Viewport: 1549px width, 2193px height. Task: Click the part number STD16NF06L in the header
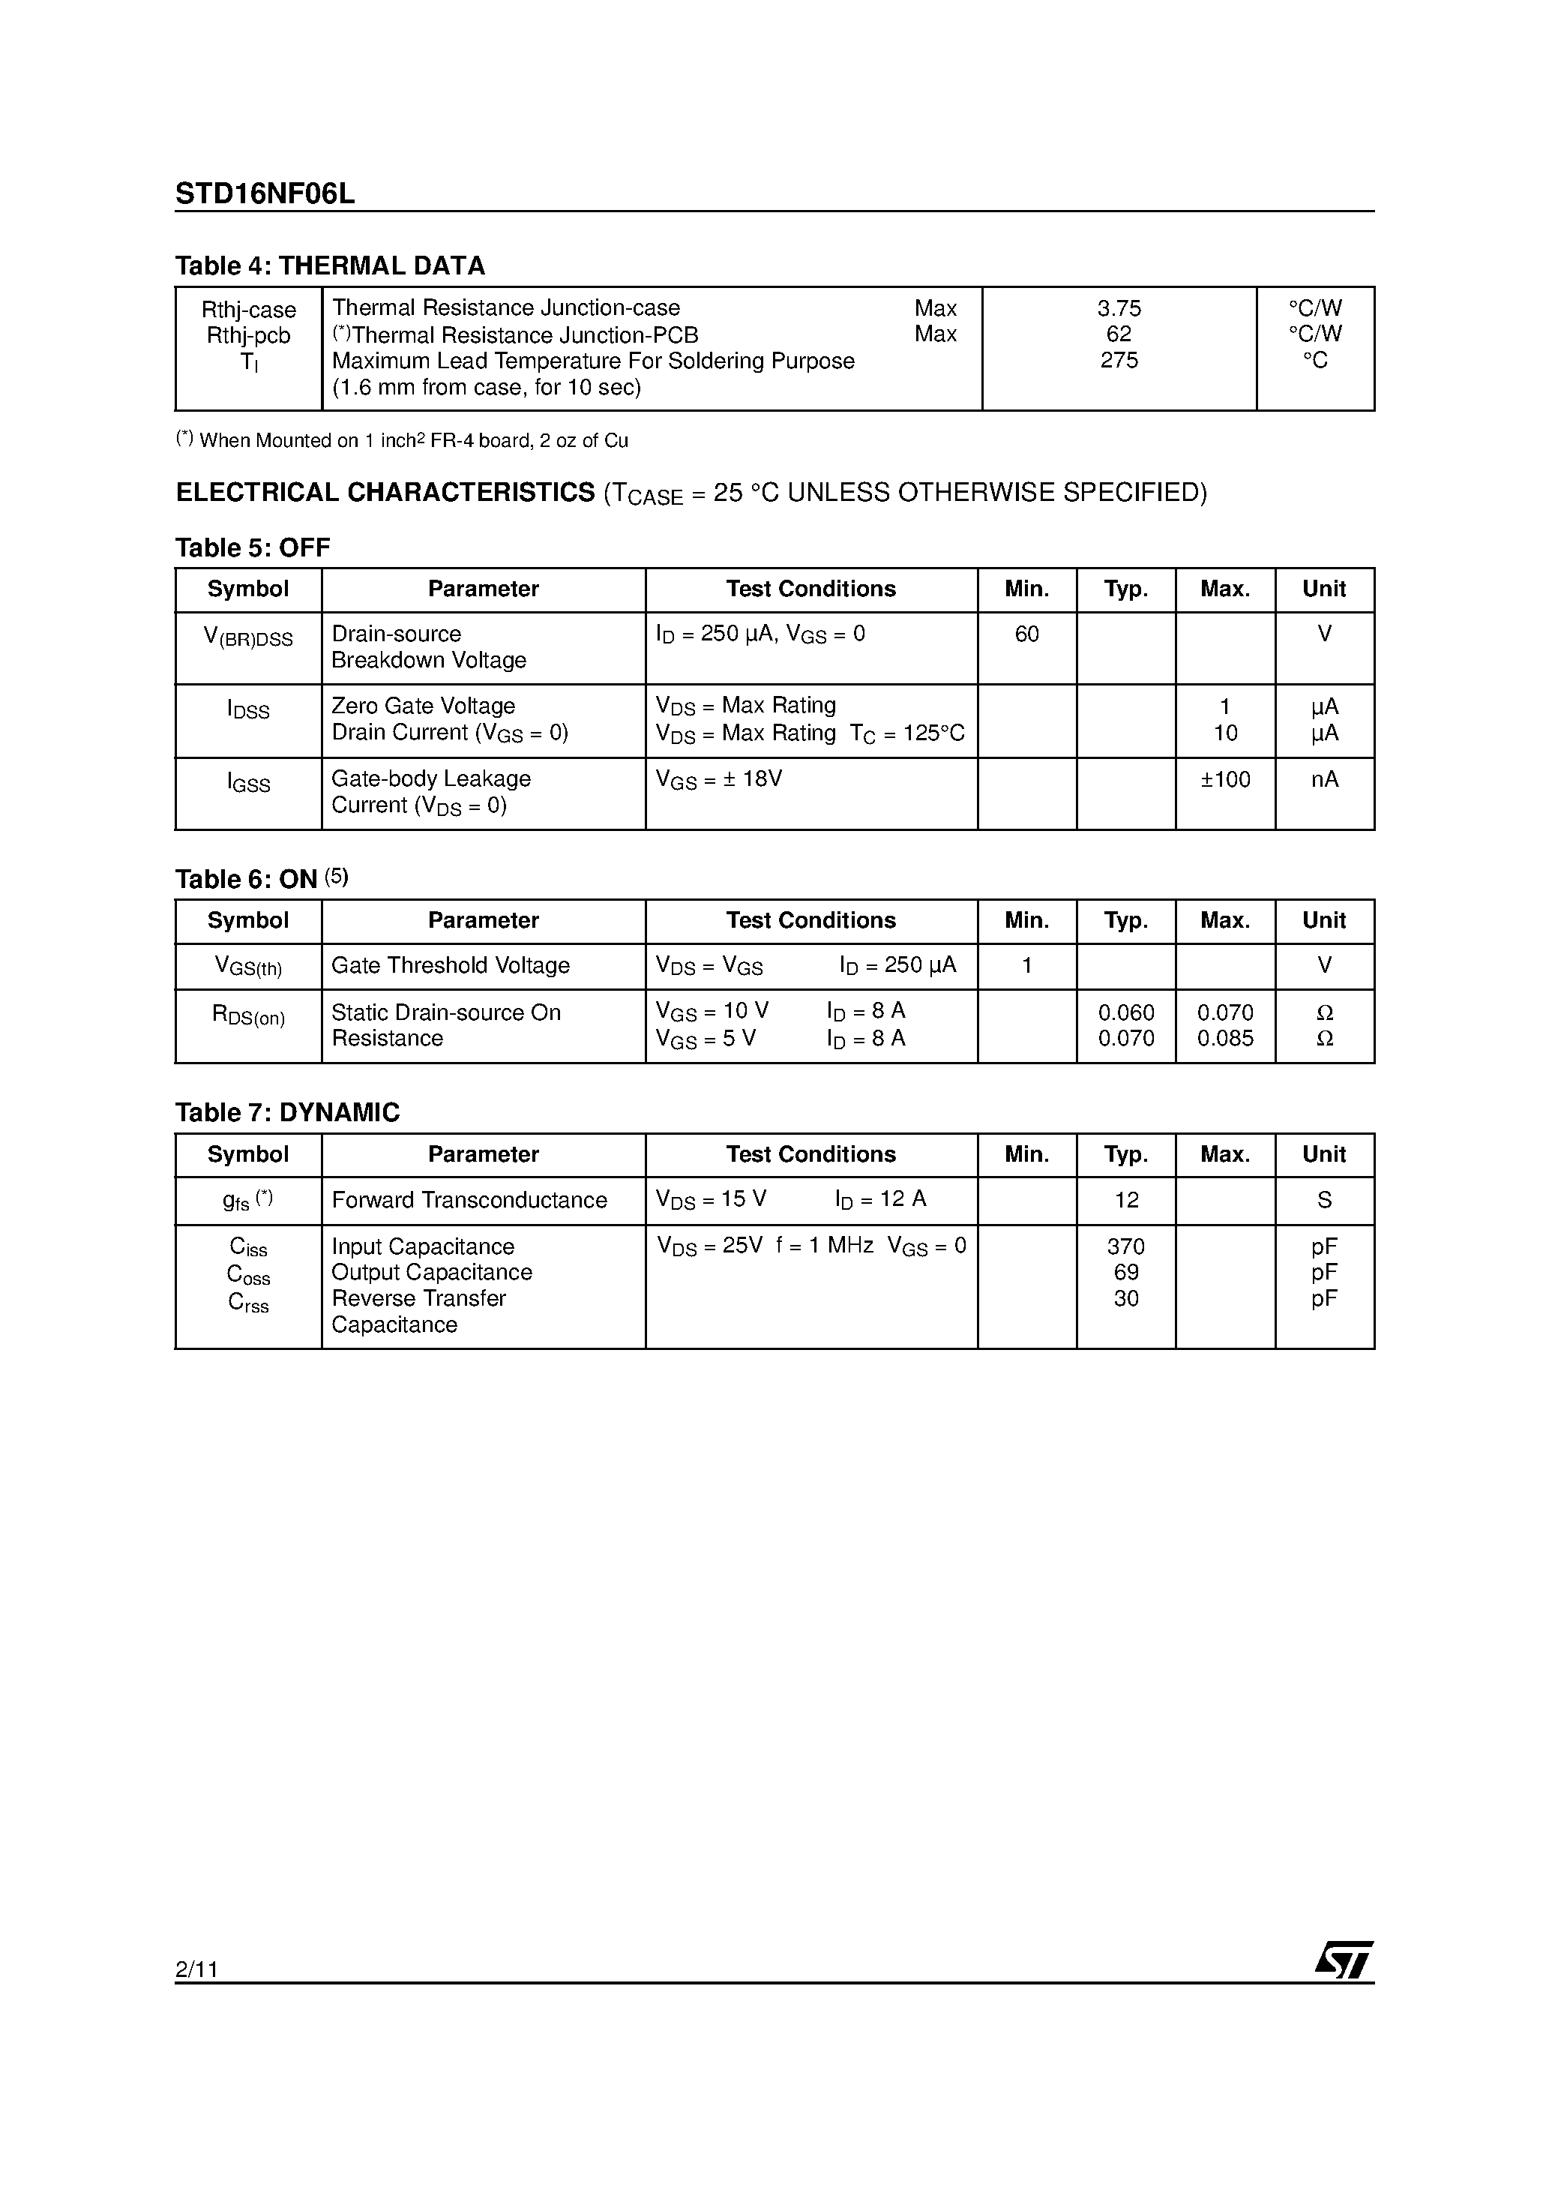click(x=265, y=194)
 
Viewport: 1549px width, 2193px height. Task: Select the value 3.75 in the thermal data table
click(x=1119, y=308)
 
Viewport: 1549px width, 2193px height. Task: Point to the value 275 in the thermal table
click(x=1119, y=360)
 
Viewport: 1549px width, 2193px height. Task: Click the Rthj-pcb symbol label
click(x=248, y=335)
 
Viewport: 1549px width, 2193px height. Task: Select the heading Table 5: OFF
click(x=252, y=547)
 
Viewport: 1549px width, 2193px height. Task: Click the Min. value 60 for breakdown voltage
click(x=1026, y=634)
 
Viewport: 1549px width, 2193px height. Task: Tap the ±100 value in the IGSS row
click(x=1224, y=779)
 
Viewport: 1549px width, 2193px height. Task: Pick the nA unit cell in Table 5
click(x=1323, y=779)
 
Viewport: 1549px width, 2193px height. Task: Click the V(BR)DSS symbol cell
click(x=248, y=637)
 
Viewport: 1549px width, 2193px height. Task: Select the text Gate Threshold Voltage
click(x=450, y=966)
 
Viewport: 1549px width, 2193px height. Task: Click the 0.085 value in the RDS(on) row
click(x=1224, y=1038)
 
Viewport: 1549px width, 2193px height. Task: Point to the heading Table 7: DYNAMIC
click(x=286, y=1111)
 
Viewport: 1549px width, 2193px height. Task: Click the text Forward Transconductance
click(x=469, y=1200)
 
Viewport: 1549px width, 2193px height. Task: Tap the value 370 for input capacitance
click(x=1126, y=1246)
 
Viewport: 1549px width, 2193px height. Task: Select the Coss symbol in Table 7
click(x=248, y=1275)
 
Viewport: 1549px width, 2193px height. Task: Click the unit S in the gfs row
click(x=1323, y=1200)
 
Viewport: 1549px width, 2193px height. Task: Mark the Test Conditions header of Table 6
click(x=810, y=921)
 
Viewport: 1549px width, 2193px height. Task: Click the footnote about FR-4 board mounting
click(x=402, y=440)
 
